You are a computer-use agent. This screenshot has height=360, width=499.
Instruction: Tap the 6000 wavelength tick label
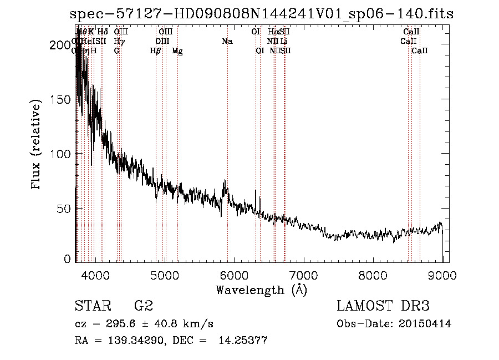tap(234, 275)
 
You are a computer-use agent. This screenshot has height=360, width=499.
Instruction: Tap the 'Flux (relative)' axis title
tap(37, 146)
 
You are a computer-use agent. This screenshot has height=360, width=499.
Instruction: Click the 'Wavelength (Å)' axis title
tap(261, 290)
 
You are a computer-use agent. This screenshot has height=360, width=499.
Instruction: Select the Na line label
tap(227, 41)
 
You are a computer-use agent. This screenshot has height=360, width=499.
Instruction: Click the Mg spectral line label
tap(177, 51)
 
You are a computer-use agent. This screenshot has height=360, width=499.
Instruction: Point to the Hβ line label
tap(156, 51)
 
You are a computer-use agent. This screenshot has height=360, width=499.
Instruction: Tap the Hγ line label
tap(119, 41)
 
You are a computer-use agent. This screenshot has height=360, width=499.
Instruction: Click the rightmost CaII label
tap(420, 51)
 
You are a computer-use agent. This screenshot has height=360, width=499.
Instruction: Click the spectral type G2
tap(144, 306)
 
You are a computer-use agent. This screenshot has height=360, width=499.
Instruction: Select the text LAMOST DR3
tap(383, 306)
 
